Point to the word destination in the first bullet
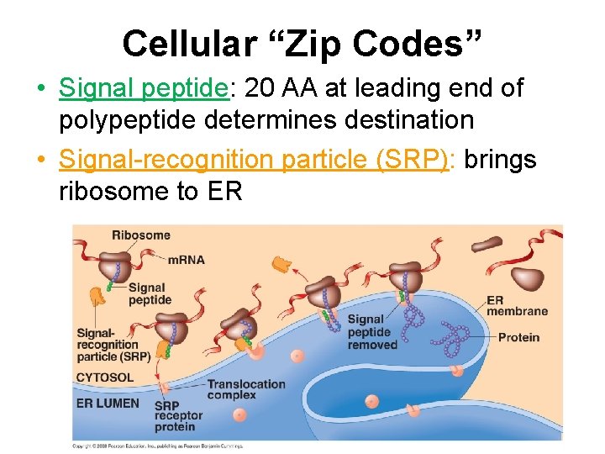[395, 119]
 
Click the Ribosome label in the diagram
[140, 235]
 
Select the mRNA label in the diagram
[186, 260]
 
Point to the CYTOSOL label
[105, 377]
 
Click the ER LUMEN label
[108, 403]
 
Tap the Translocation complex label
[246, 389]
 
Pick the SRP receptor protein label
[178, 415]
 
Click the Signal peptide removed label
[371, 331]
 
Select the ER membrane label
[517, 305]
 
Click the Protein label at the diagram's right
[518, 338]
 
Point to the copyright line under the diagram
[160, 445]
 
